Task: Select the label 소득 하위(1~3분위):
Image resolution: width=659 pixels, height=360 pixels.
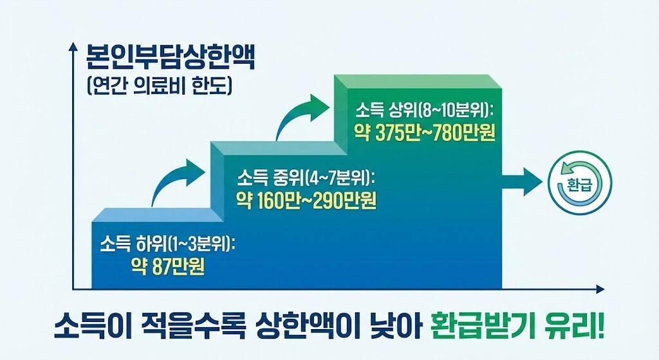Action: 168,245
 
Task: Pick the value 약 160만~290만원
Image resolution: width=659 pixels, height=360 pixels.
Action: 306,200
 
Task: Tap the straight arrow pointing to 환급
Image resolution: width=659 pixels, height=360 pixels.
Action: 524,182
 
